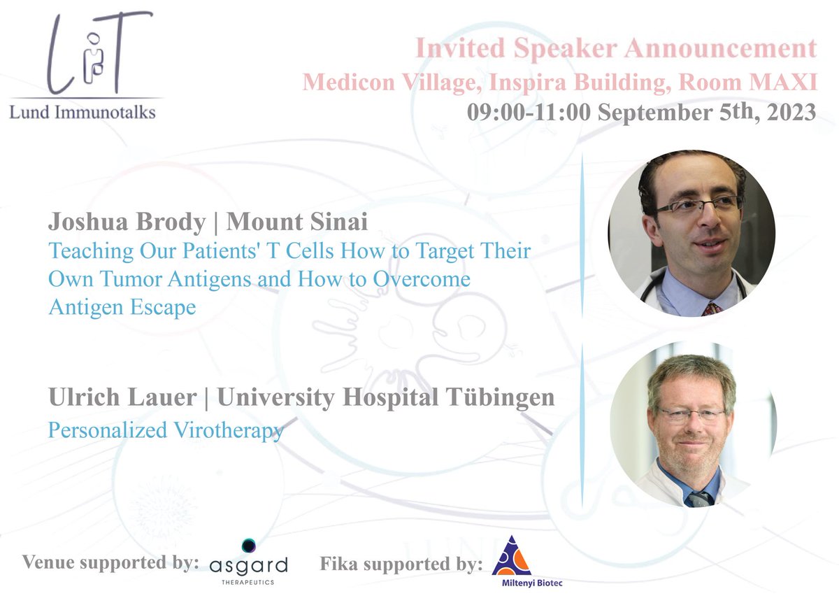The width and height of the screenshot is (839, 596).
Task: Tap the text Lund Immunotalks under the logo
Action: click(83, 112)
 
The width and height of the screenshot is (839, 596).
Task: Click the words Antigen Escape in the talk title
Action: click(122, 307)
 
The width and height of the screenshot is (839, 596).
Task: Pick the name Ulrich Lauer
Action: click(122, 397)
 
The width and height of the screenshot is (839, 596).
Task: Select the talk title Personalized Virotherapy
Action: click(166, 430)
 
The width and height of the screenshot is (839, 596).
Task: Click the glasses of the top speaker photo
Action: click(698, 206)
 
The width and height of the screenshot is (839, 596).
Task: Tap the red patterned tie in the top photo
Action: click(712, 307)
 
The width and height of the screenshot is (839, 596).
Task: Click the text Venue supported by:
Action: click(110, 563)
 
